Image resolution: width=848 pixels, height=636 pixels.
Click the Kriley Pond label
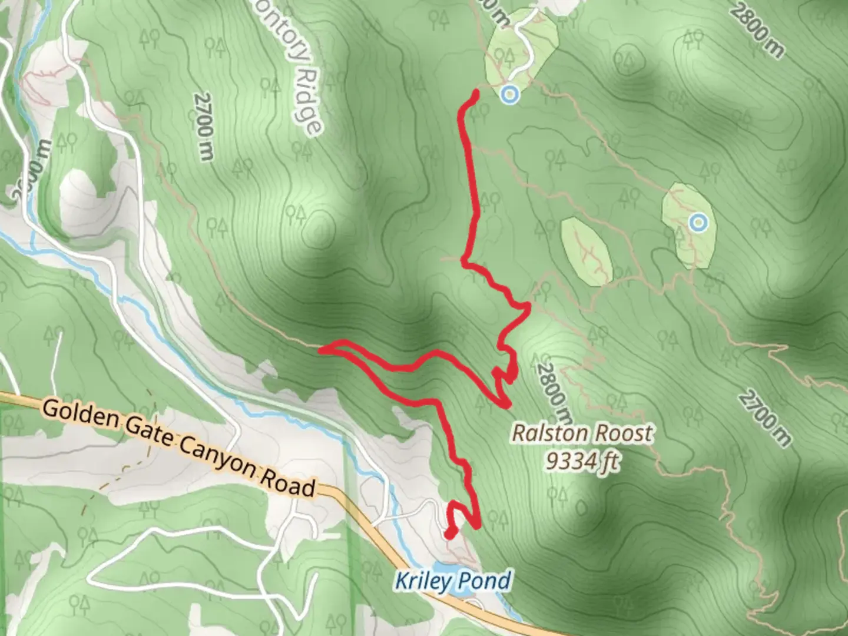[452, 581]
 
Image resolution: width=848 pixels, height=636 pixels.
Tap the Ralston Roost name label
[582, 433]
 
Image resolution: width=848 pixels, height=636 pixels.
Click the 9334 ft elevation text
[582, 461]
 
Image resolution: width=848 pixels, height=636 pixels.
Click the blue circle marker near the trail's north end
[510, 94]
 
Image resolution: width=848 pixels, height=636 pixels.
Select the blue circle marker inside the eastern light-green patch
[698, 223]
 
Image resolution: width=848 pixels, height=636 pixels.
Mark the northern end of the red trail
[475, 91]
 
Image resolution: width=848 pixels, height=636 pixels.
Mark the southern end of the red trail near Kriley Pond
[449, 534]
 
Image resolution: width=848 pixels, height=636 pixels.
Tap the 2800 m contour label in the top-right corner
[759, 29]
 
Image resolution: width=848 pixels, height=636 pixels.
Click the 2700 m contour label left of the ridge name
[203, 126]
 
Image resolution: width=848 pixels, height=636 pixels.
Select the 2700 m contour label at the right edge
[764, 417]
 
